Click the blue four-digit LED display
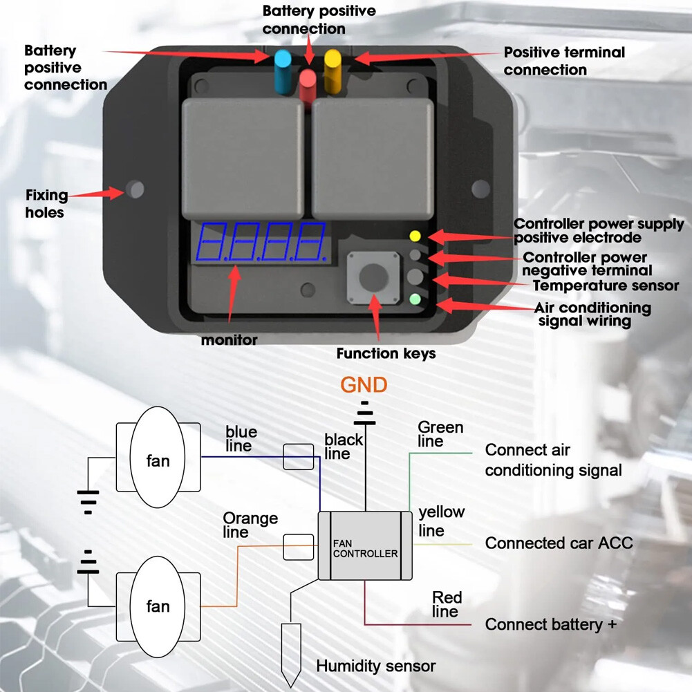[x=262, y=241]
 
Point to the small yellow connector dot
[x=415, y=236]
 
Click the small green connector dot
[x=415, y=299]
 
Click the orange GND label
[x=364, y=384]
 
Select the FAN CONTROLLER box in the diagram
[x=365, y=547]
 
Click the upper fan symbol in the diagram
[x=158, y=460]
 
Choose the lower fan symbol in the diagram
[x=158, y=606]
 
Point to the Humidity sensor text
[x=375, y=666]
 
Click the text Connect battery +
[x=550, y=624]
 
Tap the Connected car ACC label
[x=559, y=543]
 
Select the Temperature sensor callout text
[x=606, y=285]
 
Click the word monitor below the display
[x=229, y=340]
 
